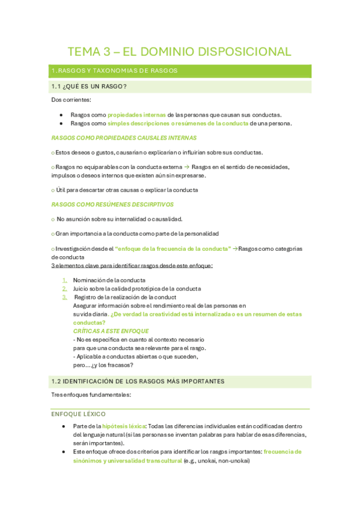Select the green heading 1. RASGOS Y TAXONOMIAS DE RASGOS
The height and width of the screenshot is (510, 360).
pos(114,71)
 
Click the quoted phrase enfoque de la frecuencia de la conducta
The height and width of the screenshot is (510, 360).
pos(172,248)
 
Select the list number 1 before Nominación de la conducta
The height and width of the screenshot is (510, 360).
pos(65,280)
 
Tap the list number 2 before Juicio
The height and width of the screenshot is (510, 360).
pos(65,289)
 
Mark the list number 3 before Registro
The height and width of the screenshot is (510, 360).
pos(65,297)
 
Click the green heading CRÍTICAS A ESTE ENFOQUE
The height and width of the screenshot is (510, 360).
pos(111,331)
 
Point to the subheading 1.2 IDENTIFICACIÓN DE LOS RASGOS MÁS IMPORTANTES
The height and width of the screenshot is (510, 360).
pos(138,381)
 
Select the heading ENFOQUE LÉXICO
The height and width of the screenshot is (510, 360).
pos(79,414)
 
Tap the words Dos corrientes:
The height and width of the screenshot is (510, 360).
pos(72,100)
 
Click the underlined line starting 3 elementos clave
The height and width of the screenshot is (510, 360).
pos(132,265)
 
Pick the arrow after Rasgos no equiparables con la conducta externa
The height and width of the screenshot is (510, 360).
pos(186,167)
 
